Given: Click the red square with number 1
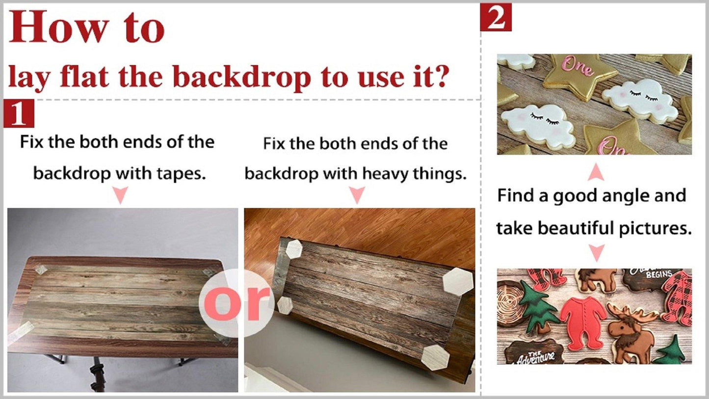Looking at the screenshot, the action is pos(19,113).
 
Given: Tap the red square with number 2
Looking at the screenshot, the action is pos(496,17).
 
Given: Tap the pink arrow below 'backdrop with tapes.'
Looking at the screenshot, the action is pos(120,195).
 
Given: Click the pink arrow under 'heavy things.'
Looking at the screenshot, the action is pos(357,195).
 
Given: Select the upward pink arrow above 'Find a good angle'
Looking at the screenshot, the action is pos(596,173).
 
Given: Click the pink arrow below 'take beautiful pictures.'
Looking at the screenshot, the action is pos(596,253).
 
